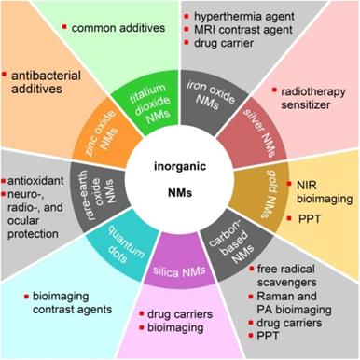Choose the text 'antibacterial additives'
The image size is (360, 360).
tap(45, 79)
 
